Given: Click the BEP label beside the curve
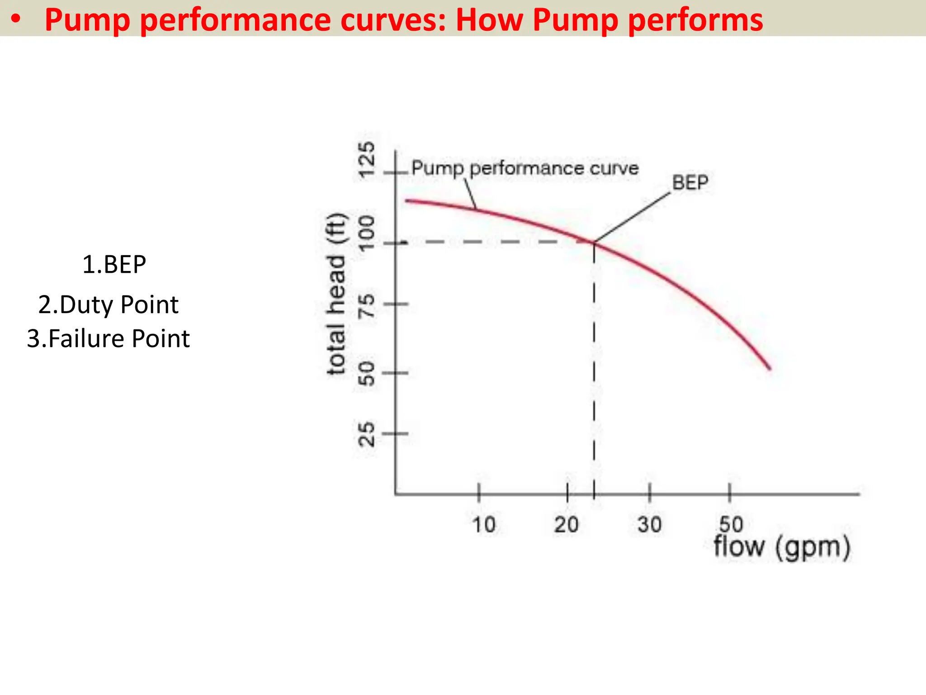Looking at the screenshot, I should tap(690, 183).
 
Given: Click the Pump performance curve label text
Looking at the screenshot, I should tap(524, 168).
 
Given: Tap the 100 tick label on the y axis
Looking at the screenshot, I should tap(367, 233).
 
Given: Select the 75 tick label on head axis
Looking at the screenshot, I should tap(367, 305).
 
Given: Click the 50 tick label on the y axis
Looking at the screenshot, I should tap(367, 374).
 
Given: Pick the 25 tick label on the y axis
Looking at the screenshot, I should tap(367, 434).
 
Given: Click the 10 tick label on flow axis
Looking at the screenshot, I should tap(483, 525).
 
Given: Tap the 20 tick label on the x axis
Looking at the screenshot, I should tap(566, 525).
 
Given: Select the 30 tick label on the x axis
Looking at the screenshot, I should tap(650, 525).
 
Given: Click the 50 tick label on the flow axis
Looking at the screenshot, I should tap(731, 524).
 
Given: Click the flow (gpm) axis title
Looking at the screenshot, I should tap(782, 547).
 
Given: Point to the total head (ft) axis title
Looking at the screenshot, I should tap(336, 294).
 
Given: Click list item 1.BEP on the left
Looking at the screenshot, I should tap(114, 265).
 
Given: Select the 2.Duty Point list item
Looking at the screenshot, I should tap(109, 305).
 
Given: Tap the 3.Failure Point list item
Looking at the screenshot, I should tap(109, 338).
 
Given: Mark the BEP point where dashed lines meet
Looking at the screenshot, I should tap(594, 243).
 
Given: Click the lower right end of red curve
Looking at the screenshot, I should tap(770, 369).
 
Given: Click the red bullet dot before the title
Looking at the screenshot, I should tap(16, 19).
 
